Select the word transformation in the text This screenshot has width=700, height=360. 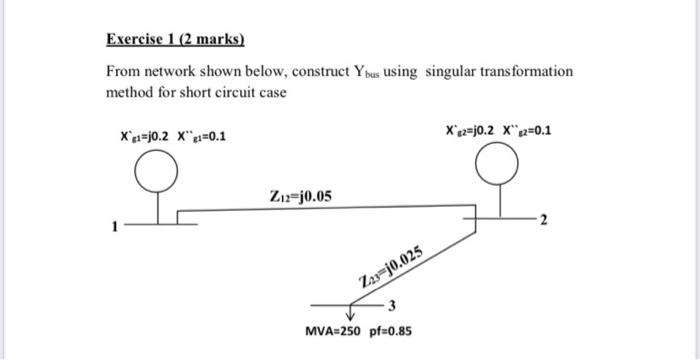tap(530, 72)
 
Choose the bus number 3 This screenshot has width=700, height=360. tap(393, 304)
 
